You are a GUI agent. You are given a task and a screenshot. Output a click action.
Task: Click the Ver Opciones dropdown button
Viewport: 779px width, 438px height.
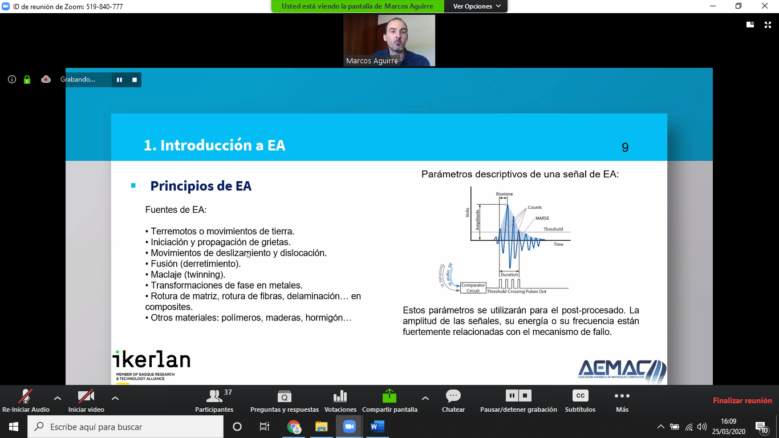pyautogui.click(x=476, y=6)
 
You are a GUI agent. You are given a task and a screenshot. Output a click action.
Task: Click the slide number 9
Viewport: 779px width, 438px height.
pyautogui.click(x=625, y=147)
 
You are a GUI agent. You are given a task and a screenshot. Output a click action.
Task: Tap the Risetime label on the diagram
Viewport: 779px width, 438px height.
pyautogui.click(x=504, y=194)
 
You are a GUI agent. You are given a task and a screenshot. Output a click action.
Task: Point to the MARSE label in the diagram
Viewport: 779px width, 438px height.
pyautogui.click(x=542, y=218)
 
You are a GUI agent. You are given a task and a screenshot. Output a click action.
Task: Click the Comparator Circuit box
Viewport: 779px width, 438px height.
pyautogui.click(x=473, y=287)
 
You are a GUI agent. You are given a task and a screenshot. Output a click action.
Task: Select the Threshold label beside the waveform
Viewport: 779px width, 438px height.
pyautogui.click(x=553, y=229)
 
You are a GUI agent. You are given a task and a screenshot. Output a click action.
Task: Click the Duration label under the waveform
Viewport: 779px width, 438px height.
pyautogui.click(x=509, y=274)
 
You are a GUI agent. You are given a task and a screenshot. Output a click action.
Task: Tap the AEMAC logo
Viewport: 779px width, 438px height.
pyautogui.click(x=622, y=371)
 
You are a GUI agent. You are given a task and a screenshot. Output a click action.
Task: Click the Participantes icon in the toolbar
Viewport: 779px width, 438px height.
pyautogui.click(x=214, y=396)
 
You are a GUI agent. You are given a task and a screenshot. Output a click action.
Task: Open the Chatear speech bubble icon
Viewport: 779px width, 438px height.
pyautogui.click(x=453, y=396)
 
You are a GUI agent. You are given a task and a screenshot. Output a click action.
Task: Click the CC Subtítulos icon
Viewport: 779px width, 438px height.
pyautogui.click(x=580, y=396)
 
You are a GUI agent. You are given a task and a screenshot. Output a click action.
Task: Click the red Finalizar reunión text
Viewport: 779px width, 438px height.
pyautogui.click(x=742, y=400)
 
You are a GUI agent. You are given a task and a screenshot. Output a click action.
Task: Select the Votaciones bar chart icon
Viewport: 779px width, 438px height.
pyautogui.click(x=340, y=396)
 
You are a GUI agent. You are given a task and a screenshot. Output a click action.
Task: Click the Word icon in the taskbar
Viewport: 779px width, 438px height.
pyautogui.click(x=378, y=427)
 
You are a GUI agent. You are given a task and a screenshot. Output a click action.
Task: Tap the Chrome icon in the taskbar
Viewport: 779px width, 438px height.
pyautogui.click(x=294, y=427)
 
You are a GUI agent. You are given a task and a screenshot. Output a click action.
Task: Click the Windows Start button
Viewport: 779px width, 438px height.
pyautogui.click(x=14, y=427)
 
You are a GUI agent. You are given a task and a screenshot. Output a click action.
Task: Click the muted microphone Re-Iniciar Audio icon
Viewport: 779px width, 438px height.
pyautogui.click(x=26, y=396)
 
